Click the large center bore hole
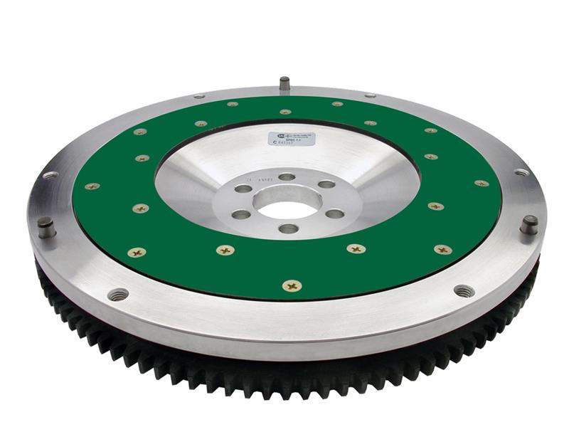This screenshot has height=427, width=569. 287,209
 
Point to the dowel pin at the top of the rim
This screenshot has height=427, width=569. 284,83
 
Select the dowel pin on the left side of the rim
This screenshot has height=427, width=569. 47,227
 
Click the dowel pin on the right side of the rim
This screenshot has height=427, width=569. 528,224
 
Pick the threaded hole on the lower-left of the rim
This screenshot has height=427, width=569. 118,294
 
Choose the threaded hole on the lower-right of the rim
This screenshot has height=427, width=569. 464,290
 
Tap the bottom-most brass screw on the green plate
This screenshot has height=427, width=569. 292,285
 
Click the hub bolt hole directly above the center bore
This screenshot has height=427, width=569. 287,176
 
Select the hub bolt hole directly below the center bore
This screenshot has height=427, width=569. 288,228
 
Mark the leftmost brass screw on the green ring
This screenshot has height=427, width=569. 92,186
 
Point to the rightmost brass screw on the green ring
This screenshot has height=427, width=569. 482,184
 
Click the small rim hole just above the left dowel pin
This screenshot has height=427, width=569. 50,175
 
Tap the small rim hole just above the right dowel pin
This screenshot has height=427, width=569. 521,172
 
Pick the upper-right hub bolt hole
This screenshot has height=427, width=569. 326,185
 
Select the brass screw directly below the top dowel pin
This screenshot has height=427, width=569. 285,112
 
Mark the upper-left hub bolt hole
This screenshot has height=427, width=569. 243,189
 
